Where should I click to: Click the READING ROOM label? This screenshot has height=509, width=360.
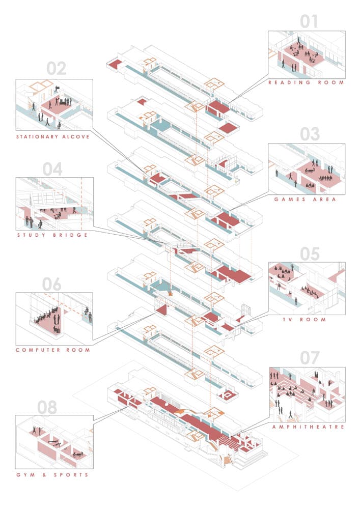(x=307, y=82)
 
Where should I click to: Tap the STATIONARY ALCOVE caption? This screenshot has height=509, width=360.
(x=53, y=137)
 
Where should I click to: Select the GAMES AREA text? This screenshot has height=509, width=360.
(x=306, y=200)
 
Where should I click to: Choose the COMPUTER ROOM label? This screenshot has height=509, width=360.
(x=53, y=350)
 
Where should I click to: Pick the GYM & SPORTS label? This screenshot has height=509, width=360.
(x=52, y=475)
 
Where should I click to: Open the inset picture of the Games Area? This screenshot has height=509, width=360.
(x=307, y=169)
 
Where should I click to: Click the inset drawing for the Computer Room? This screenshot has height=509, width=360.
(x=54, y=318)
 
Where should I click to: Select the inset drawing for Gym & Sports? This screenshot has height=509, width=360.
(x=54, y=442)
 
